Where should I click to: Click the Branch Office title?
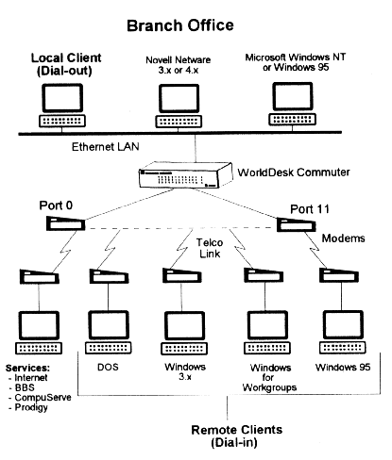point(180,25)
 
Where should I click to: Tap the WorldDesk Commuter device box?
point(186,175)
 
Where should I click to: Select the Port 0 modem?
point(65,223)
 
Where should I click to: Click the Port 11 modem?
point(297,224)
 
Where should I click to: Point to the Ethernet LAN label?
point(106,147)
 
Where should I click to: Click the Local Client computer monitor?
point(62,98)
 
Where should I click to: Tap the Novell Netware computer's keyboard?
point(179,122)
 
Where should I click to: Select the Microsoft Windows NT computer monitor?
point(293,96)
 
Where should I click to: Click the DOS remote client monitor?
point(109,325)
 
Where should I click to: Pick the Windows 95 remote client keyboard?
point(343,348)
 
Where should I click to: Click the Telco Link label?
point(210,248)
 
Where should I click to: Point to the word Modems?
point(343,238)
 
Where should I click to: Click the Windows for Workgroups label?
point(269,377)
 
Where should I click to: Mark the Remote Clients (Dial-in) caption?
point(237,436)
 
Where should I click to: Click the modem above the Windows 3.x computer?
point(182,275)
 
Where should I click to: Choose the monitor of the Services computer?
point(40,325)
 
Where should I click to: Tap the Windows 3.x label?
point(185,371)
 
